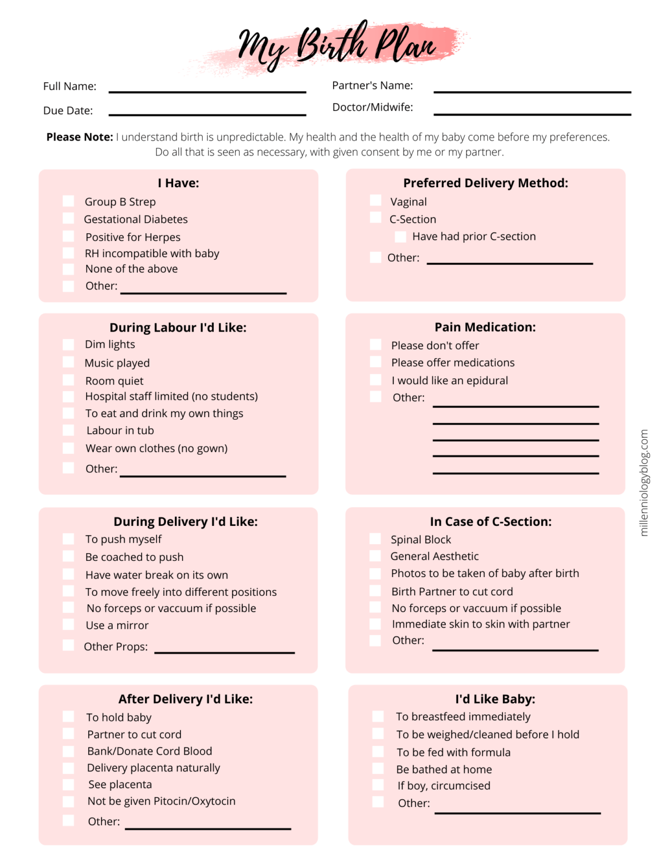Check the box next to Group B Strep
click(68, 201)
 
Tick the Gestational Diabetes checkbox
click(68, 218)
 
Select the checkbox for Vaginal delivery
click(376, 200)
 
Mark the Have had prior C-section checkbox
click(400, 237)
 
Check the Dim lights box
click(68, 344)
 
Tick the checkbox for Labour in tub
click(68, 430)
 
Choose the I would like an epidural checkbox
click(376, 380)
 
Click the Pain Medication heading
click(485, 327)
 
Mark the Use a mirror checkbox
click(68, 625)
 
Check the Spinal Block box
click(375, 539)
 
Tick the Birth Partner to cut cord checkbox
click(375, 591)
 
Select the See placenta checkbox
click(68, 784)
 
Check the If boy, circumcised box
click(378, 785)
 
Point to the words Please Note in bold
click(79, 137)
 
